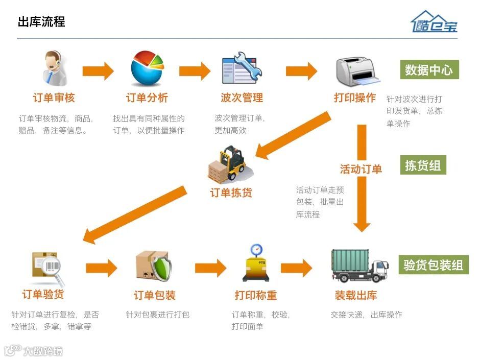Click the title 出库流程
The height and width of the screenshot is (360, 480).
[x=41, y=21]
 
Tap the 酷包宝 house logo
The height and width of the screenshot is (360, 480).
[x=435, y=21]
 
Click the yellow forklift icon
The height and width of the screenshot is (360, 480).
[x=228, y=164]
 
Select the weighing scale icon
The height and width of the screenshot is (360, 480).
[x=256, y=263]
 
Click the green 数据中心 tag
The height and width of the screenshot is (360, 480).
[x=429, y=70]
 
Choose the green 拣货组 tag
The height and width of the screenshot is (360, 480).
[x=423, y=165]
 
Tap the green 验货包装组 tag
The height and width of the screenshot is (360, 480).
[x=433, y=265]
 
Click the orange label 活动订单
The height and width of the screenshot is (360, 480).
[x=361, y=169]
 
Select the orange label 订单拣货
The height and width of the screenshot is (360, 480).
[x=231, y=193]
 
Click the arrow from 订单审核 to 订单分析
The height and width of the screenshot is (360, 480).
[x=98, y=70]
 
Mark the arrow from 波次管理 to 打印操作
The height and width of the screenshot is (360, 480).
[x=301, y=70]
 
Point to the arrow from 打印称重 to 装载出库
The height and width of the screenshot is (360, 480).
[x=296, y=267]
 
